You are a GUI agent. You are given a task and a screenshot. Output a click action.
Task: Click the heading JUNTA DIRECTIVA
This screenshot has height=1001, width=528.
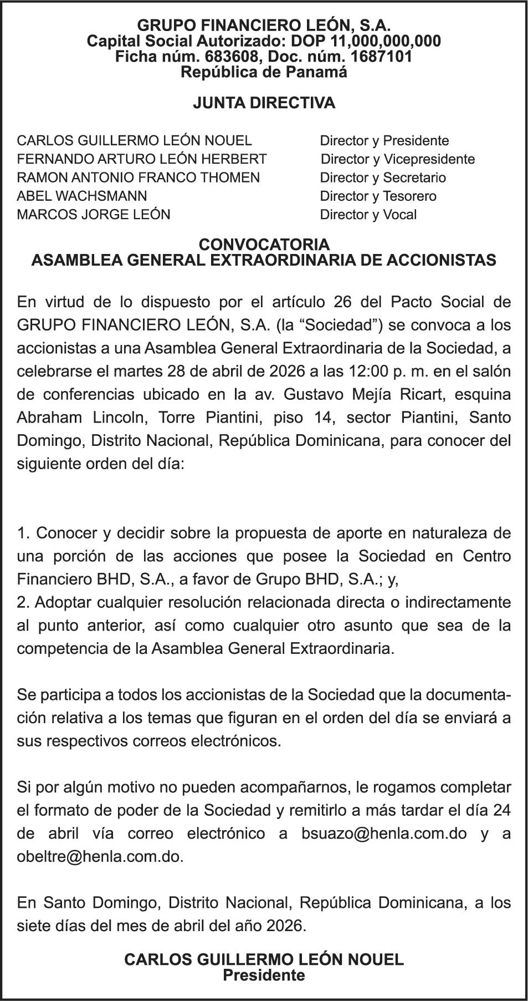coord(264,103)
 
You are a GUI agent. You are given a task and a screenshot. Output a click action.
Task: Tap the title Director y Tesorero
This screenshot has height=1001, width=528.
coord(378,196)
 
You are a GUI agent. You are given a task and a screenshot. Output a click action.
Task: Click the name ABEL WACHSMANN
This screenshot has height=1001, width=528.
coord(82,196)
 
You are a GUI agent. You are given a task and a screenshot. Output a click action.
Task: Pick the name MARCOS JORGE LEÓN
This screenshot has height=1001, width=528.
coord(94,215)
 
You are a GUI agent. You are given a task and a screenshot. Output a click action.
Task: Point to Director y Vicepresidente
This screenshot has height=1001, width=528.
coord(397,159)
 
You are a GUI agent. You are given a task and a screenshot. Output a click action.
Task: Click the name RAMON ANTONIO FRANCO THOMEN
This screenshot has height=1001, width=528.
coord(138,177)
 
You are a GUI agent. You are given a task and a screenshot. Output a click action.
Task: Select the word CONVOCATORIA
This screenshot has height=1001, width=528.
coord(264,245)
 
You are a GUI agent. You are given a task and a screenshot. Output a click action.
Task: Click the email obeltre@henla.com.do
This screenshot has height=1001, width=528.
coord(100,856)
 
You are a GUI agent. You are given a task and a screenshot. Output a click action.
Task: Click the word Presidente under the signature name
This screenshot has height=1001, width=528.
coord(264,975)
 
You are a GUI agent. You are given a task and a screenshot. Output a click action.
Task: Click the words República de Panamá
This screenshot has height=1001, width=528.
coord(264,72)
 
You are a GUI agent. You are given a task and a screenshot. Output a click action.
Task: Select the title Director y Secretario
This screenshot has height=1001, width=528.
coord(383,177)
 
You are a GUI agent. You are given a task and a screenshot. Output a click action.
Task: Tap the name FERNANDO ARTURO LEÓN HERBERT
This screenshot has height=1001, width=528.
coord(142,159)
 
